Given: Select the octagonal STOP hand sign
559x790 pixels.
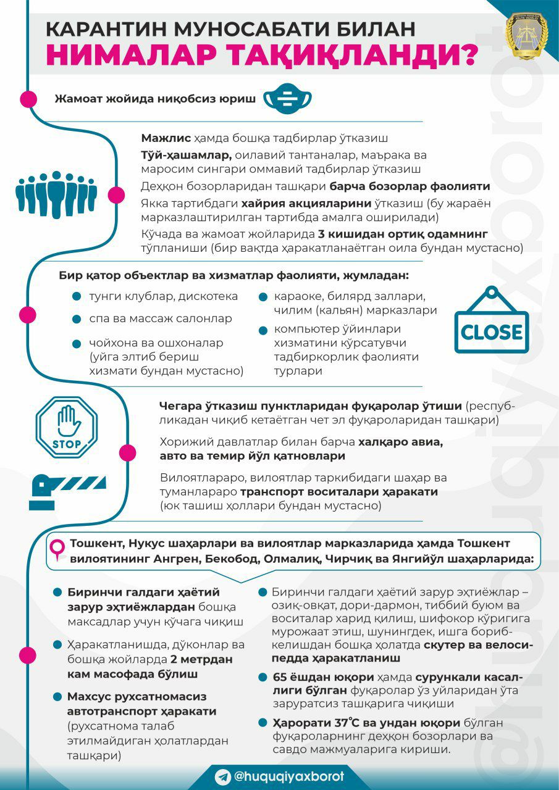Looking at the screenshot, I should click(x=67, y=426).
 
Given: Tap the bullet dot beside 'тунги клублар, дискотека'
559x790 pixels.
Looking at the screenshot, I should click(x=76, y=296).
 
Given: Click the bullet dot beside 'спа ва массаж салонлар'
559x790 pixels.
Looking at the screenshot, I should click(x=76, y=319).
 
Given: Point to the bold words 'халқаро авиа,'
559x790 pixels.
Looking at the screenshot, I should click(x=401, y=442).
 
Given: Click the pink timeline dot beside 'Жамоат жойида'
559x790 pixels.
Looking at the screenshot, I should click(x=28, y=99).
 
